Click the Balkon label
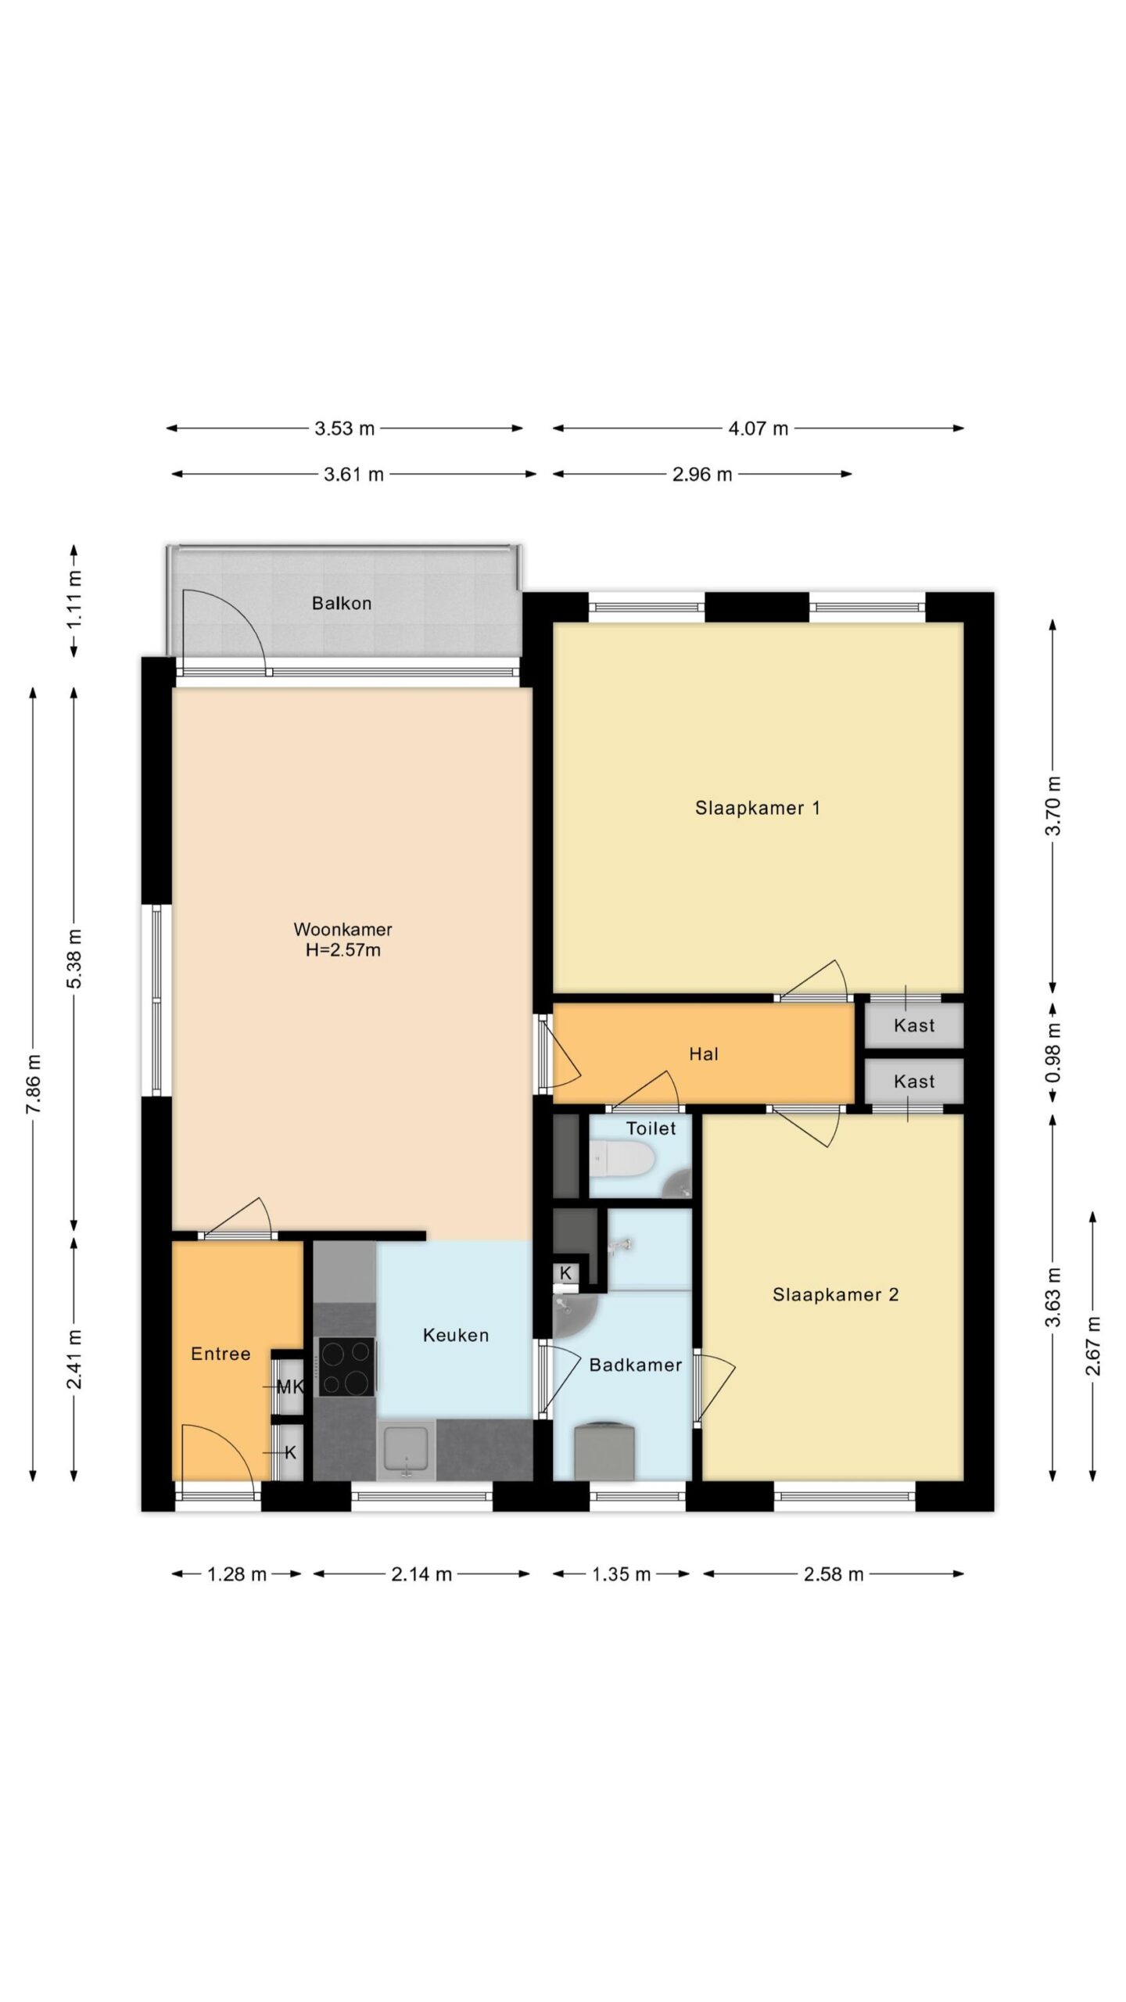pyautogui.click(x=341, y=603)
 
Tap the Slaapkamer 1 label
pyautogui.click(x=757, y=808)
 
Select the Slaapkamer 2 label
pyautogui.click(x=835, y=1294)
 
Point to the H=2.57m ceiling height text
pyautogui.click(x=342, y=950)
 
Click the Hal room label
pyautogui.click(x=703, y=1053)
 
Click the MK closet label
pyautogui.click(x=290, y=1387)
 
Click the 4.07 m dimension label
pyautogui.click(x=758, y=428)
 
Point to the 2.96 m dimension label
pyautogui.click(x=702, y=474)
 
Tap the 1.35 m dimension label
pyautogui.click(x=621, y=1574)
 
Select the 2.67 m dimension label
pyautogui.click(x=1092, y=1345)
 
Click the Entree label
pyautogui.click(x=221, y=1354)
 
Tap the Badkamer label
pyautogui.click(x=635, y=1365)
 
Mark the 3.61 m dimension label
pyautogui.click(x=353, y=474)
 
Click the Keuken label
pyautogui.click(x=456, y=1335)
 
